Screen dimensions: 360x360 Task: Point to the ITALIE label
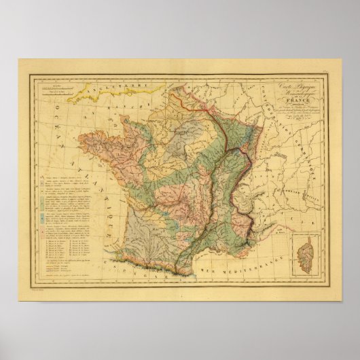[288, 204]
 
